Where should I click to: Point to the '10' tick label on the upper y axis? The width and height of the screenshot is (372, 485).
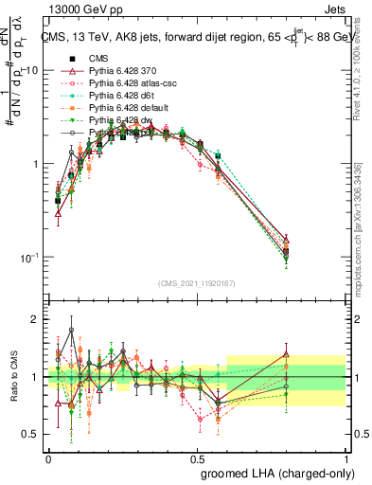pyautogui.click(x=30, y=70)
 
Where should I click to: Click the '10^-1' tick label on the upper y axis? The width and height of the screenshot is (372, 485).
pyautogui.click(x=28, y=258)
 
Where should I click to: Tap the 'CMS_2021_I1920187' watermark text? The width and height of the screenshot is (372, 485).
pyautogui.click(x=196, y=282)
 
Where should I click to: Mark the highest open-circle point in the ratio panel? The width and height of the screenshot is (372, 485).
pyautogui.click(x=71, y=331)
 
